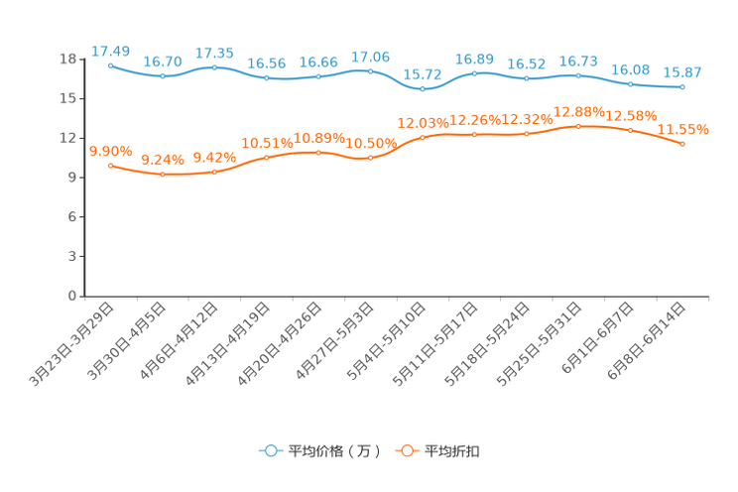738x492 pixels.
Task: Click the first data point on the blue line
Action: pos(110,64)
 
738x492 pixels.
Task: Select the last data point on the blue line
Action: pos(682,87)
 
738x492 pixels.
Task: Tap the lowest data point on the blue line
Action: pos(423,89)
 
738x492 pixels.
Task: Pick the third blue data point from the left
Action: pos(214,67)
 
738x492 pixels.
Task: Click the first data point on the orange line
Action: pos(110,165)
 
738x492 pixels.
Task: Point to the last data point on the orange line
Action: pos(682,145)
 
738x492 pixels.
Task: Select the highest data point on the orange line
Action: pos(578,126)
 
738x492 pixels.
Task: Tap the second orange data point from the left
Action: pos(162,175)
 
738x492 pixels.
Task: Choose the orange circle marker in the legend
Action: pos(406,450)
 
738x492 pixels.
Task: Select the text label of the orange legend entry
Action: pos(453,451)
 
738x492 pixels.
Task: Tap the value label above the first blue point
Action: pos(110,50)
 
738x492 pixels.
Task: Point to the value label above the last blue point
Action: pos(682,72)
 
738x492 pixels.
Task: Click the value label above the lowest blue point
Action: pos(423,74)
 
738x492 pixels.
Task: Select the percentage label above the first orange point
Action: pos(110,150)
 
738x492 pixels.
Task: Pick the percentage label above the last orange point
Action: pos(683,129)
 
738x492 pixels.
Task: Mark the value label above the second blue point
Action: pos(162,61)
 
